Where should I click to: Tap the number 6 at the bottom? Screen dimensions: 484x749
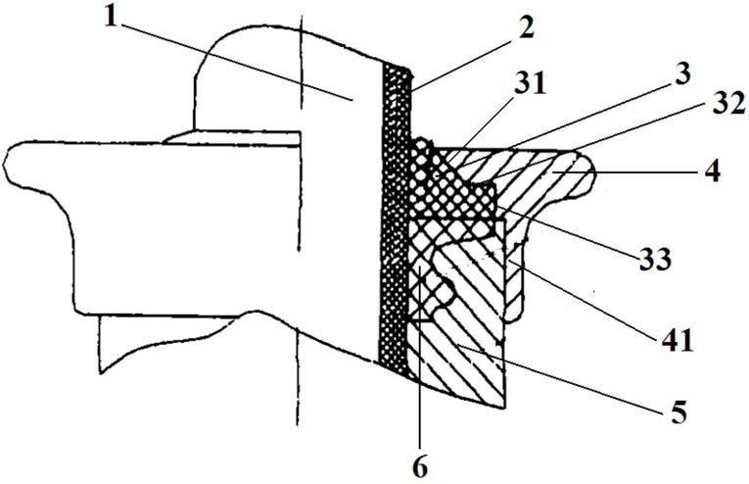[420, 464]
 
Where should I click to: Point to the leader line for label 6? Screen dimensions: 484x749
[419, 363]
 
